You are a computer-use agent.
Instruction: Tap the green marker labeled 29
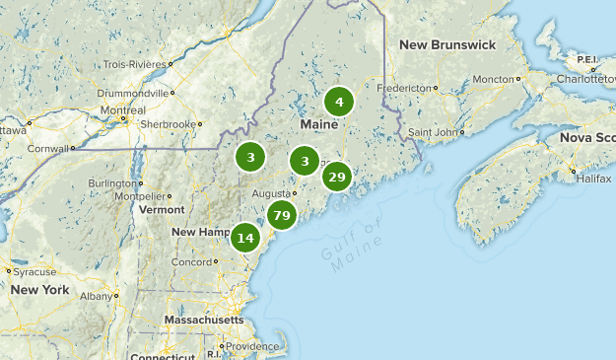tap(337, 177)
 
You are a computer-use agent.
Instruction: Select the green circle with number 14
tap(245, 238)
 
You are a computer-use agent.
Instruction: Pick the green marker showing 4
tap(339, 102)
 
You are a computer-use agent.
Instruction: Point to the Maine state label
tap(318, 125)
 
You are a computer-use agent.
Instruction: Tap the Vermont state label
tap(162, 209)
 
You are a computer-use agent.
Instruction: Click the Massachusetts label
tap(204, 321)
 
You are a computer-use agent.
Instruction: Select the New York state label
tap(40, 290)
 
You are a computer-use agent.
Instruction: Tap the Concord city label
tap(191, 262)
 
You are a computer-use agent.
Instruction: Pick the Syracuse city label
tap(34, 271)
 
